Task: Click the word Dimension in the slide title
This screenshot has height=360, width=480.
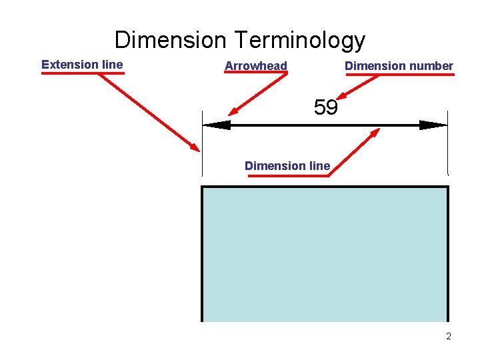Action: click(171, 40)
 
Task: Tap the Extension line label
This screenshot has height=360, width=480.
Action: click(82, 65)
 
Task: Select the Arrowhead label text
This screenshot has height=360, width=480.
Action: click(256, 65)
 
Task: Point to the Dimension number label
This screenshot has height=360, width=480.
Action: click(399, 65)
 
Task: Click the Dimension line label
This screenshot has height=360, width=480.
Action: click(287, 165)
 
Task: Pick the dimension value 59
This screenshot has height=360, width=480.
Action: click(325, 107)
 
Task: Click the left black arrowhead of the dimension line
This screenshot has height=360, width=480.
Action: click(216, 125)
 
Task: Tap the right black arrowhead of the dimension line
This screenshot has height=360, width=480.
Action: click(434, 125)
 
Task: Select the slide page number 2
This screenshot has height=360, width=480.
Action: click(449, 336)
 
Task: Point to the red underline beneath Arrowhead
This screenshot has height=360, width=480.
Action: click(256, 73)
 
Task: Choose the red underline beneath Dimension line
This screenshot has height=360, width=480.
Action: click(287, 175)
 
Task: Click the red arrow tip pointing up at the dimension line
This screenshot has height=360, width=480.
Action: click(377, 130)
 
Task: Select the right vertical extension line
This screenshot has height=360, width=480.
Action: click(448, 143)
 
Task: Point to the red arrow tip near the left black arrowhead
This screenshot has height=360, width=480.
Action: click(230, 114)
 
